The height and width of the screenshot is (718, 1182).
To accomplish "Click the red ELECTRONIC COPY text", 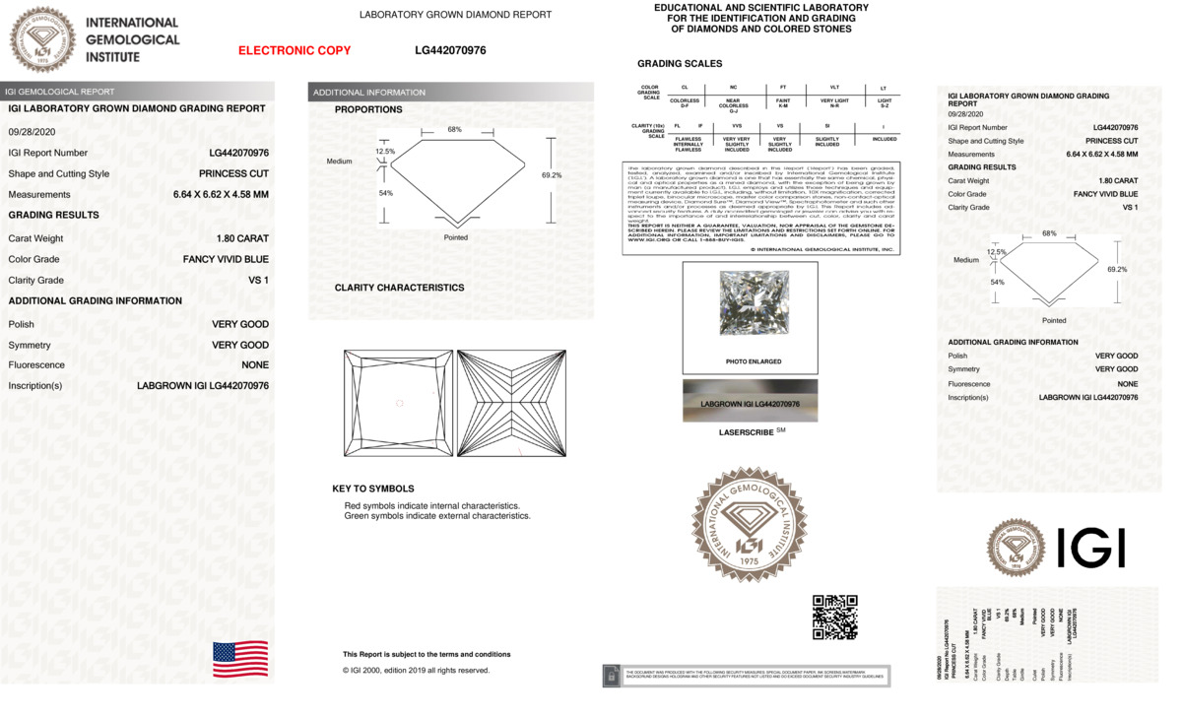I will [295, 50].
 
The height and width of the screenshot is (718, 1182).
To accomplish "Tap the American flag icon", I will [240, 659].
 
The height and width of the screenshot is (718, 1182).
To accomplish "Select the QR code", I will [834, 618].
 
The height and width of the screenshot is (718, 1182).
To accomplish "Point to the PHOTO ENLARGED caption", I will [753, 361].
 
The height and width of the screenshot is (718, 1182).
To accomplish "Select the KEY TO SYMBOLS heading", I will [373, 489].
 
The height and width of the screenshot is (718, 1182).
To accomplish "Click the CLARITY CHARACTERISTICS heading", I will [399, 288].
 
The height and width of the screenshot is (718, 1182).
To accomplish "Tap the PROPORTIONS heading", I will [368, 109].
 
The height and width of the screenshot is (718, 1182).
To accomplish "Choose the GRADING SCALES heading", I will [680, 64].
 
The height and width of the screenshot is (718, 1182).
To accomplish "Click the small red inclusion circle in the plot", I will [399, 403].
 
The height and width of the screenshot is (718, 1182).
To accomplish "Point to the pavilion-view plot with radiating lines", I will [511, 403].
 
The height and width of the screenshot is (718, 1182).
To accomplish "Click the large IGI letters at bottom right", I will [1090, 548].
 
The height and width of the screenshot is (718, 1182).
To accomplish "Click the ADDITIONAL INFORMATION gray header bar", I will [450, 93].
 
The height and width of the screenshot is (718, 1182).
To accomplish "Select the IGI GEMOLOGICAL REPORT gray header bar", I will [138, 92].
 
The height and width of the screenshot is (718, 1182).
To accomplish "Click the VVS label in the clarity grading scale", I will [736, 126].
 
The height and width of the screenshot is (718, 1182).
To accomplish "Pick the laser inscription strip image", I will [750, 403].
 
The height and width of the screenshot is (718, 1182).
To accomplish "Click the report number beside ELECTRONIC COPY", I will [450, 50].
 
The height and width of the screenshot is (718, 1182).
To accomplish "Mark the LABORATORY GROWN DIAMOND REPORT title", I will [455, 15].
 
